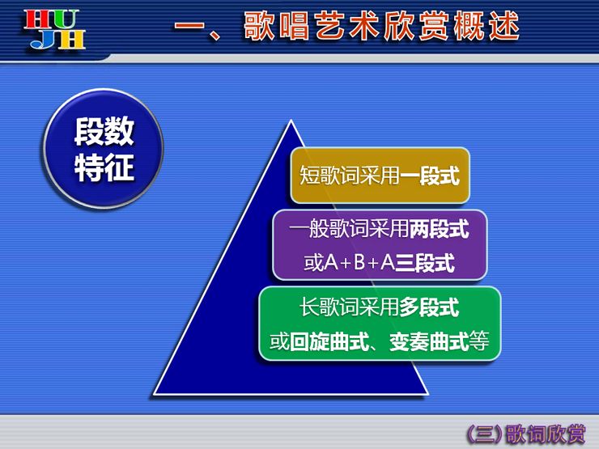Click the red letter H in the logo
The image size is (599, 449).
point(36,20)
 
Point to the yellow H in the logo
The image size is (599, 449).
point(71,40)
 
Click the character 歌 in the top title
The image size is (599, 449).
point(259,26)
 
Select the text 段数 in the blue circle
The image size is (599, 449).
point(104,131)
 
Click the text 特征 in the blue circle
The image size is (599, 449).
point(104,167)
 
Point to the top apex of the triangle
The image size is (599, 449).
point(291,121)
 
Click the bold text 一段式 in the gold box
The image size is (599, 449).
point(429,176)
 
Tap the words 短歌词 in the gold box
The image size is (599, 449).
point(329,176)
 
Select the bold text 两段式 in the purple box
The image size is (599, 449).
point(440,230)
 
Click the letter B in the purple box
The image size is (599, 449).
point(359,263)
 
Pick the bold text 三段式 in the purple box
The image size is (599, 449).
point(425,263)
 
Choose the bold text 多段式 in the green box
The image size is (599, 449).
point(429,307)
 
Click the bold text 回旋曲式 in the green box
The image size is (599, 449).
point(329,341)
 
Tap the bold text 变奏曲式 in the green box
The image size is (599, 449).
point(429,341)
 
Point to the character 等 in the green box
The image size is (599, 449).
point(479,341)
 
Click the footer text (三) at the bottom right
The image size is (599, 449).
point(485,434)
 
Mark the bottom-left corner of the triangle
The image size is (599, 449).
point(154,394)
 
